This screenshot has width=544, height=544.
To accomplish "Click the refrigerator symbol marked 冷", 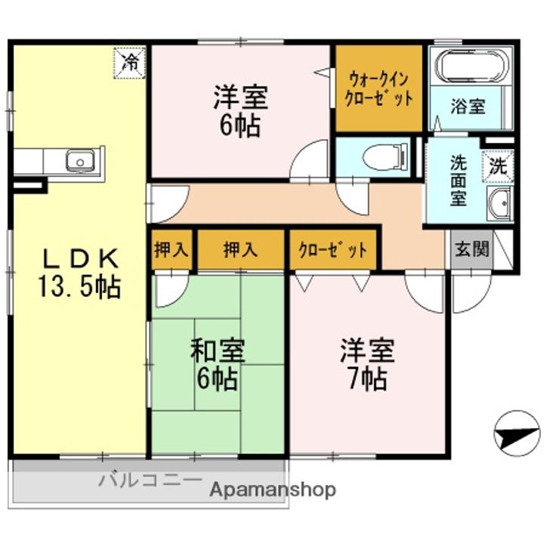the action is [129, 63].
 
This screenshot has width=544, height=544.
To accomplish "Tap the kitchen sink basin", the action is [81, 161].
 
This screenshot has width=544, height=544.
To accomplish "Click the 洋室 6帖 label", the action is [240, 110].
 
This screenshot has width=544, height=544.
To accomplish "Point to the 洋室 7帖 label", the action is [367, 364].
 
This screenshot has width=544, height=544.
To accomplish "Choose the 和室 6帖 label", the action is [218, 364].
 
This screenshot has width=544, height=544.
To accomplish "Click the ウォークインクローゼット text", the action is [379, 88].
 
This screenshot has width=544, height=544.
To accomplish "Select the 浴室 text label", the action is [468, 107].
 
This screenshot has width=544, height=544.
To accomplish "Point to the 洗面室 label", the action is [459, 181].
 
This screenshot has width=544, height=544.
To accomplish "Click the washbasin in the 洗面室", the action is [499, 203].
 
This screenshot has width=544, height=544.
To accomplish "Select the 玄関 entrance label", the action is [471, 249].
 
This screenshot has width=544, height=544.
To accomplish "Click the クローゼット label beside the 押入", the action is [332, 249].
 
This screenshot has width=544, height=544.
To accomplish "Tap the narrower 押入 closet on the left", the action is [172, 249].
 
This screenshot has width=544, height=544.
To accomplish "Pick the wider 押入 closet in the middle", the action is [240, 249].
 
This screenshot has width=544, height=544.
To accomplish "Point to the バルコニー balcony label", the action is [150, 481].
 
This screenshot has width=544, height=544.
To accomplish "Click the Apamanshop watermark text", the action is [273, 490].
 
